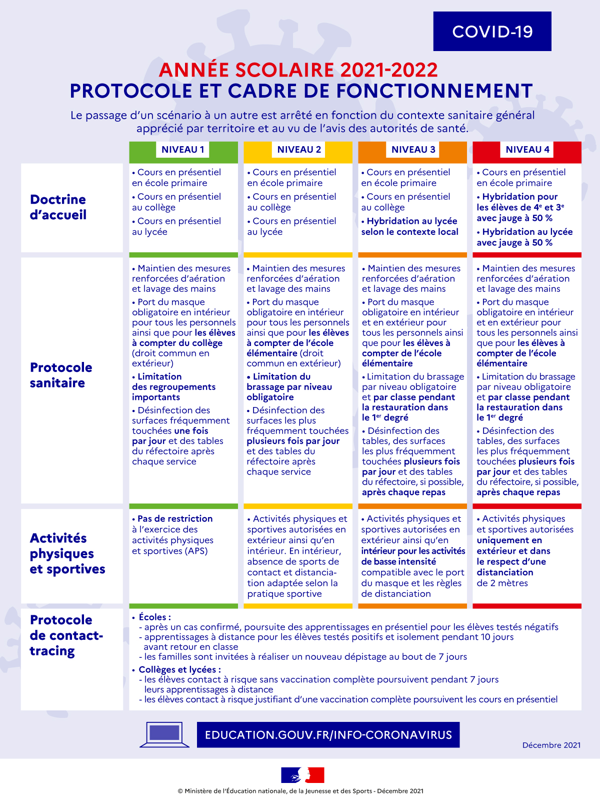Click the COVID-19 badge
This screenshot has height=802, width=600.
tap(492, 32)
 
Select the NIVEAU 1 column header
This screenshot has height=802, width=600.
tap(183, 150)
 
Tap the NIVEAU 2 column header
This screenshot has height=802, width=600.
tap(298, 150)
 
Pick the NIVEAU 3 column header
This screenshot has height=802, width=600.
tap(413, 150)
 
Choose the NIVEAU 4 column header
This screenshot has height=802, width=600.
tap(527, 150)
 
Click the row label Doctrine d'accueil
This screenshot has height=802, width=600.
tap(58, 207)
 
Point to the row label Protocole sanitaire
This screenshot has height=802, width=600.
tap(61, 375)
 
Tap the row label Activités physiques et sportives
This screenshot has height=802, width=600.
tap(67, 554)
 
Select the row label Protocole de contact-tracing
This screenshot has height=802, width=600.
tap(66, 635)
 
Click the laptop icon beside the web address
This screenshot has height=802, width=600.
tap(164, 734)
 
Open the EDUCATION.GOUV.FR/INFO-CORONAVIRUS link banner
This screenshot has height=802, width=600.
tap(328, 735)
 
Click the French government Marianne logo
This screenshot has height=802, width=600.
tap(302, 775)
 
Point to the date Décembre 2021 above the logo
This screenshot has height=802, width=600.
tap(551, 745)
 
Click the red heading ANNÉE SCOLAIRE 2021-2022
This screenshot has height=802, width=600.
tap(298, 70)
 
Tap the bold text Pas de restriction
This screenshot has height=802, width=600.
tap(175, 519)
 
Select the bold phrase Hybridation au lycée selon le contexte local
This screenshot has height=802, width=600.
tap(409, 227)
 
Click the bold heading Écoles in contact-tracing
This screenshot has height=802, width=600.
tap(154, 617)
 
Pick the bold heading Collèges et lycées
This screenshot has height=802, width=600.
tap(179, 670)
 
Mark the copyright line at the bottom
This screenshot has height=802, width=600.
tap(300, 791)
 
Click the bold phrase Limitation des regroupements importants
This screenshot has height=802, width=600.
tap(173, 387)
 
